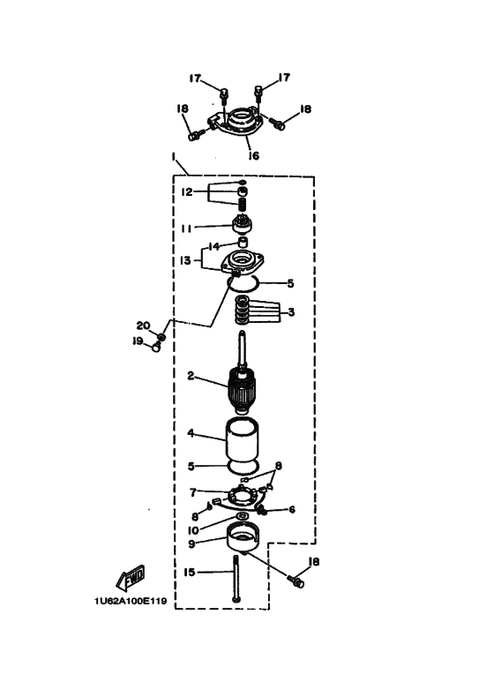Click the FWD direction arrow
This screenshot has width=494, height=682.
131,579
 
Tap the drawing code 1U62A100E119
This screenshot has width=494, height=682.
131,602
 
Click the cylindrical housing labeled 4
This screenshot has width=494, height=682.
242,440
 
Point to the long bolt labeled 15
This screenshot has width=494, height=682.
236,579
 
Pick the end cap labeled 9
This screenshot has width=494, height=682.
243,538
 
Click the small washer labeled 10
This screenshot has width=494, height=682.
242,516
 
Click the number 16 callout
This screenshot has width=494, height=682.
253,155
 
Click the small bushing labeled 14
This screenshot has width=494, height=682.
243,242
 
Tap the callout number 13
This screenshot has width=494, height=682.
185,260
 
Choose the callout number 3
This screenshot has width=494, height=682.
291,312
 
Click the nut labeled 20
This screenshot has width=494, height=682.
161,337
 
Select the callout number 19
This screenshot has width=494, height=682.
138,341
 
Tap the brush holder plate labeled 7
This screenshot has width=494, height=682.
242,497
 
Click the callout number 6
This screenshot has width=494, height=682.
292,509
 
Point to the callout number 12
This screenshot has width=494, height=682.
186,191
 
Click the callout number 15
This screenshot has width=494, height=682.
189,573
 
